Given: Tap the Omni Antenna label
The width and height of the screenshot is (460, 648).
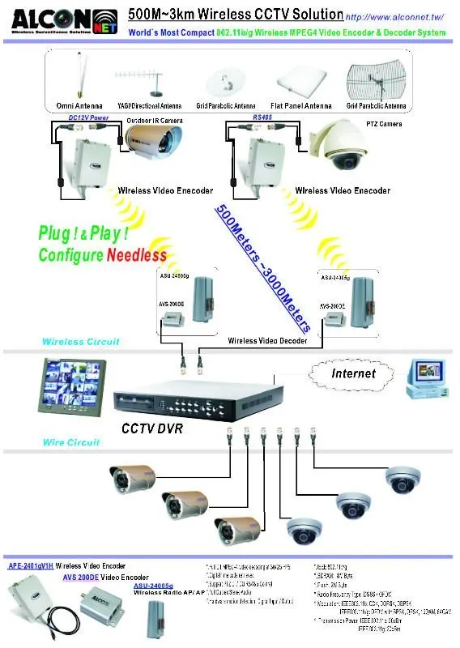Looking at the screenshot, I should tap(79, 106).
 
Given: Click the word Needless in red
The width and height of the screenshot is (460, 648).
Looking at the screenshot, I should tap(136, 255).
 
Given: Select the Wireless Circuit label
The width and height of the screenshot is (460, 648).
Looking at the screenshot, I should tap(80, 342).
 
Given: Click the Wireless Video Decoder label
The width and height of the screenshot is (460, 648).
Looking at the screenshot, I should tap(267, 342).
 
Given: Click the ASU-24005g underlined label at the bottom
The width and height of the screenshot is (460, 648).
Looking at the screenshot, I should tap(153, 585).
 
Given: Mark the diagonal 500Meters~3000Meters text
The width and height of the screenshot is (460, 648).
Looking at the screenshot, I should tap(264, 267).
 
